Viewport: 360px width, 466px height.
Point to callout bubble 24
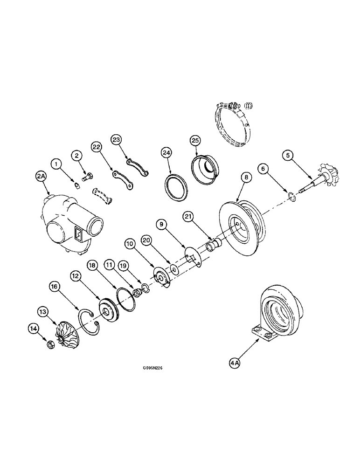pyautogui.click(x=166, y=152)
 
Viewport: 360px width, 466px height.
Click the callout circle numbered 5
pyautogui.click(x=289, y=157)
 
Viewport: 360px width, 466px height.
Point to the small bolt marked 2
pyautogui.click(x=87, y=177)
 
